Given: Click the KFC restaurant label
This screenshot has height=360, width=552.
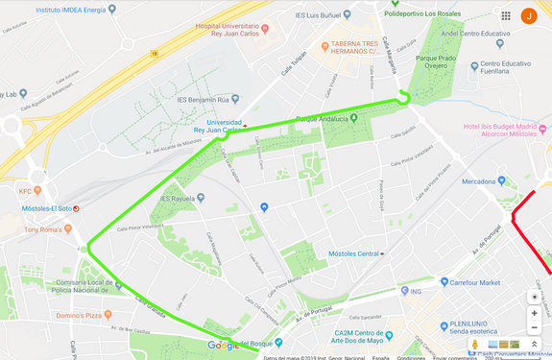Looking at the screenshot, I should coord(25,191).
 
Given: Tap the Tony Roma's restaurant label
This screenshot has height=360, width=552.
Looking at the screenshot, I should coord(48,229).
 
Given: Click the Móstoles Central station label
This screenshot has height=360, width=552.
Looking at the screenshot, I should coord(353,253).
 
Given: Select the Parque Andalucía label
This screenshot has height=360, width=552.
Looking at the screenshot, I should coord(321,119).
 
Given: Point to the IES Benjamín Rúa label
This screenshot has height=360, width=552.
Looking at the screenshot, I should coord(207,98).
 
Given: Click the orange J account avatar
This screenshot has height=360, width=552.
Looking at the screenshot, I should coord(528,15).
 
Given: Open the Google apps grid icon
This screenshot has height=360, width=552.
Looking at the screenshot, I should coord(505,15).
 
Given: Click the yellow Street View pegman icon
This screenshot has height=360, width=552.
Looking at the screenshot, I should coord(474,345).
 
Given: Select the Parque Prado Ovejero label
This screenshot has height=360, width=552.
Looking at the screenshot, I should coord(433,60).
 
